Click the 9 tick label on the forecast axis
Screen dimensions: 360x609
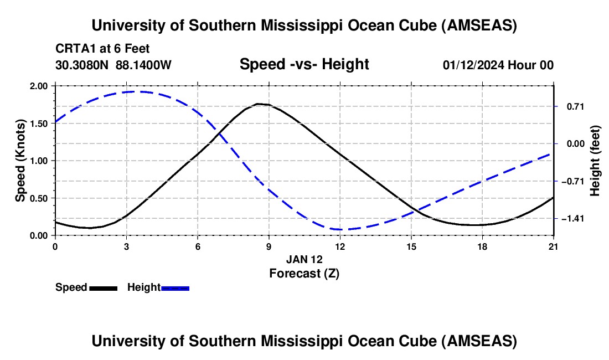click(x=269, y=246)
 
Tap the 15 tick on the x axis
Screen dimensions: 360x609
click(x=411, y=246)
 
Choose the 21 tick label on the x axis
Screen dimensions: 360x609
click(x=554, y=246)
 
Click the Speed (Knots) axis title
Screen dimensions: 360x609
click(x=20, y=161)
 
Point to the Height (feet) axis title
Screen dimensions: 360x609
click(x=595, y=161)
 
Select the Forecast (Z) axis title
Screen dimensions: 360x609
click(x=304, y=273)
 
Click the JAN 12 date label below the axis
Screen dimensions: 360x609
click(x=304, y=259)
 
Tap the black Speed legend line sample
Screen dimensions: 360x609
click(x=103, y=288)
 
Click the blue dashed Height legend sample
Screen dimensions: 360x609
click(x=175, y=288)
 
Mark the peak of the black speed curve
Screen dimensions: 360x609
click(x=259, y=104)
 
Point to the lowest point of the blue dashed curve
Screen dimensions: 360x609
click(x=339, y=229)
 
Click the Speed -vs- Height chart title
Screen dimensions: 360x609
click(x=304, y=65)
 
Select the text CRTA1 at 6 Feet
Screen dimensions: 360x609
click(x=102, y=49)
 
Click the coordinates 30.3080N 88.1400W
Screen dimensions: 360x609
click(x=113, y=65)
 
